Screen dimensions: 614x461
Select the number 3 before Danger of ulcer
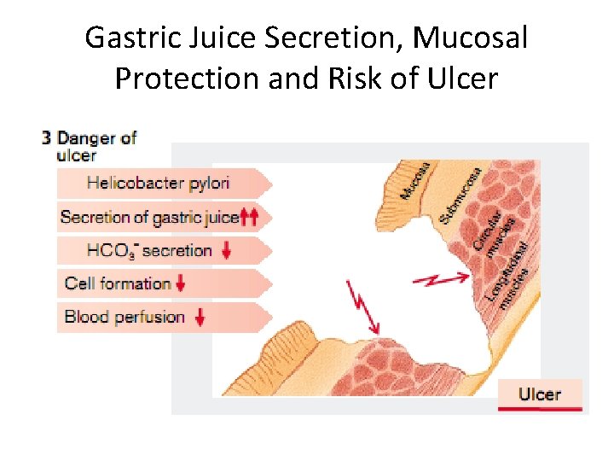47,138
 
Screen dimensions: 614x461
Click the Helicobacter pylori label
158,183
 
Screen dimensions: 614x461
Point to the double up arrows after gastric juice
249,217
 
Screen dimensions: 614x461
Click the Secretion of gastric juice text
149,217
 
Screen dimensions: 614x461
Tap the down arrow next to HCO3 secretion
226,251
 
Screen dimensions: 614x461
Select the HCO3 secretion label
149,251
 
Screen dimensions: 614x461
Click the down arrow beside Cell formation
181,284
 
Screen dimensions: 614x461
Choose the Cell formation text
118,283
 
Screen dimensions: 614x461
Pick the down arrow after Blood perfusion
200,318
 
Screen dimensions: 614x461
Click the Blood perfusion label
125,317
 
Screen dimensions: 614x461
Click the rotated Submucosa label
461,195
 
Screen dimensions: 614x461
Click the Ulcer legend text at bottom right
540,394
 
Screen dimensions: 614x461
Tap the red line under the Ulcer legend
540,410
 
